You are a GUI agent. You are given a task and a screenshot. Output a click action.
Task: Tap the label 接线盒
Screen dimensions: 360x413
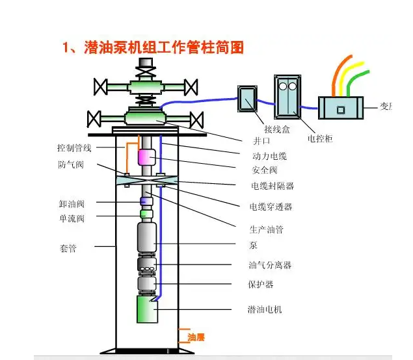[x=277, y=129]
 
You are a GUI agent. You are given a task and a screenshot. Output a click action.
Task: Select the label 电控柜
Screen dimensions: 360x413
[x=319, y=139]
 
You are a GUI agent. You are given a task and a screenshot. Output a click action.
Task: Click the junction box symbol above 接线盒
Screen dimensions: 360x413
[x=248, y=100]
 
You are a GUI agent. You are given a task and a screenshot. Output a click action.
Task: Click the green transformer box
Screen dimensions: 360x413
[x=340, y=108]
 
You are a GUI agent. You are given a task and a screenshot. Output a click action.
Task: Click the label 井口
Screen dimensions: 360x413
[x=261, y=141]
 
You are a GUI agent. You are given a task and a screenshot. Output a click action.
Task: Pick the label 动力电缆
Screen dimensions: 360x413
[x=269, y=156]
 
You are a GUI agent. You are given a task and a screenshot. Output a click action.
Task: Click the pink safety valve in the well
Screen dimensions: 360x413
[x=146, y=157]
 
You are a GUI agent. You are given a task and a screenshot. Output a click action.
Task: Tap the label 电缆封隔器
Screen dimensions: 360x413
[x=273, y=186]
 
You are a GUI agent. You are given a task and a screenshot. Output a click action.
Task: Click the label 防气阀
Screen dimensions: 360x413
[x=71, y=165]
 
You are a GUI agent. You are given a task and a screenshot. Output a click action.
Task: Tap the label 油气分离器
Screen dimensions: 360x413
[x=269, y=265]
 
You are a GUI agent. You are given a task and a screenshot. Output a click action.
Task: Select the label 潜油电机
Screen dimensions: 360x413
[x=265, y=309]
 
